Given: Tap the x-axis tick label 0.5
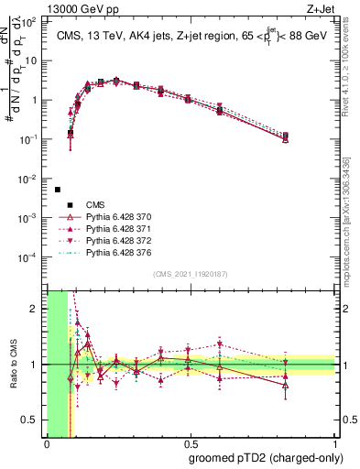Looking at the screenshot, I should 191,444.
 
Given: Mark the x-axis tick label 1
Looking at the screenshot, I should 336,444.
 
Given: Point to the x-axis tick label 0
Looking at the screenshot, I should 47,444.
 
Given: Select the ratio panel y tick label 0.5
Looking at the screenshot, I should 33,420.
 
